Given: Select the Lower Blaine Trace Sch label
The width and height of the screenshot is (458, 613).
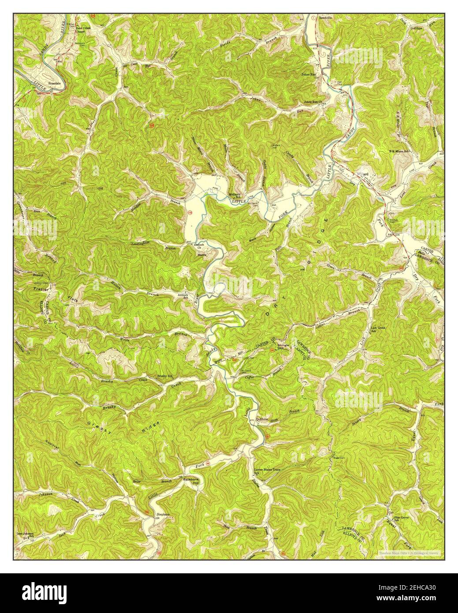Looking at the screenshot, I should click(x=268, y=471).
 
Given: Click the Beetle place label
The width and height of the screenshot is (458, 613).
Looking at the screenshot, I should click(x=202, y=255).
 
